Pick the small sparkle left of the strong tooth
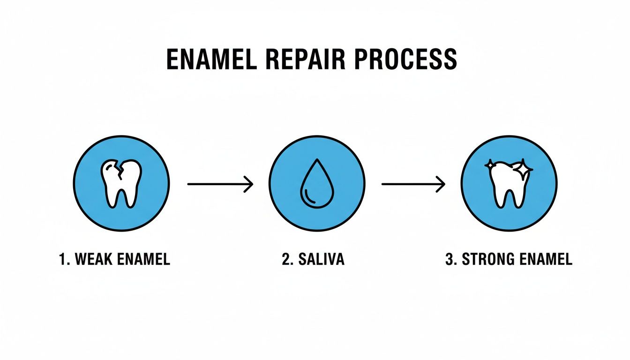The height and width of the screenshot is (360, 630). tap(490, 165)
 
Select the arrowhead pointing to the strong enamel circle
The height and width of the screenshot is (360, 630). tap(441, 184)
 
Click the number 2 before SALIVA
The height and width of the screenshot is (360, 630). tap(285, 260)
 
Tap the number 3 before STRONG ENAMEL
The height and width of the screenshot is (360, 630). tap(449, 260)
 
